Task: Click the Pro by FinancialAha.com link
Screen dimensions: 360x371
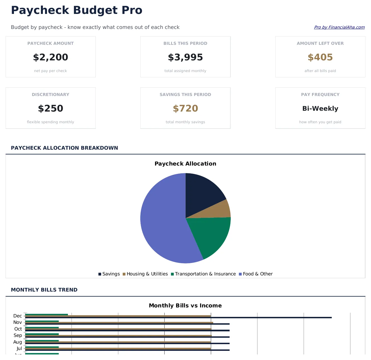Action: pos(339,27)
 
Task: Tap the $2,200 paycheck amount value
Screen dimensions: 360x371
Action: pos(51,57)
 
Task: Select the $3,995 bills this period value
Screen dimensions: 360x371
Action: pos(185,57)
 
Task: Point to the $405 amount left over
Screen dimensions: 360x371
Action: pos(320,57)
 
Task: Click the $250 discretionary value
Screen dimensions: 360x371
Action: pos(51,109)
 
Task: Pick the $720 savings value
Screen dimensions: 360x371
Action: pos(185,109)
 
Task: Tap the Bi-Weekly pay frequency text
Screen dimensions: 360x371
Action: pos(320,109)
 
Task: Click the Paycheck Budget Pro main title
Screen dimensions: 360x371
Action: pos(77,10)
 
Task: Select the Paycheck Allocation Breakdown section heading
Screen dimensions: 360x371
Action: pos(64,148)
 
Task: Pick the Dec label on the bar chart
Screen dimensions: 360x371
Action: pos(18,316)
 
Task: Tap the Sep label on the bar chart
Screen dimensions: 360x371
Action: pos(18,335)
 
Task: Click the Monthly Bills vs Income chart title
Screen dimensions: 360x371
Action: pos(185,305)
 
